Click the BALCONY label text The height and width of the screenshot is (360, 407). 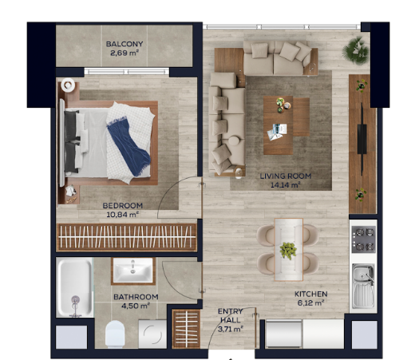[x=124, y=44]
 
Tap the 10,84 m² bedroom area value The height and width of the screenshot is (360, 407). [x=123, y=215]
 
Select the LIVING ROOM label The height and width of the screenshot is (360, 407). [x=286, y=176]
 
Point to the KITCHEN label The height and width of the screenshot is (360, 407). [x=310, y=294]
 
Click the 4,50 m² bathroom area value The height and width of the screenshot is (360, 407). [x=136, y=306]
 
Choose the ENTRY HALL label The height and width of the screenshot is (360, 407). [x=231, y=315]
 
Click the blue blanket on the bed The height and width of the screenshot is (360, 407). [x=129, y=147]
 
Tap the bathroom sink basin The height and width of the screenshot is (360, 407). [x=133, y=271]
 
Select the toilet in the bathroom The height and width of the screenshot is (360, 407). [x=115, y=334]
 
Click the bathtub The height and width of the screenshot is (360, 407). [x=75, y=287]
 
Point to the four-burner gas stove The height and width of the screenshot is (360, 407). [x=364, y=239]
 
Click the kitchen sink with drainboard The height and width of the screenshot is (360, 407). [x=363, y=286]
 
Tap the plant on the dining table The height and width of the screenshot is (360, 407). [x=288, y=251]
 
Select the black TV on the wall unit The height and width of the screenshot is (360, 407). [x=362, y=139]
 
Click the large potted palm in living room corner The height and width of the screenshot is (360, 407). [x=356, y=50]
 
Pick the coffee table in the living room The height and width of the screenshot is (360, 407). [x=279, y=125]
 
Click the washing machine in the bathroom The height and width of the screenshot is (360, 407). [x=152, y=334]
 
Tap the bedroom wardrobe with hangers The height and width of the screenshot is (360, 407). [x=127, y=237]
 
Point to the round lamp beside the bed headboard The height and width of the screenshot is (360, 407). [x=68, y=85]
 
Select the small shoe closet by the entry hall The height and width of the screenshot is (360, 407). [x=186, y=329]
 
